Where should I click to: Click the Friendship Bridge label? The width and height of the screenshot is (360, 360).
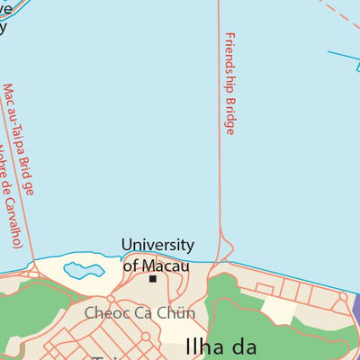[229, 84]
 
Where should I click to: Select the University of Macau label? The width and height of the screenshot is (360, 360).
[157, 255]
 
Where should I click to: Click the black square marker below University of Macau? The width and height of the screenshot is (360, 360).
[153, 279]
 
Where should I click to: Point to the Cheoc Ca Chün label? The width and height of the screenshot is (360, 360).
[139, 313]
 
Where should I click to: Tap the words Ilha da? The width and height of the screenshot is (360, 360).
[221, 346]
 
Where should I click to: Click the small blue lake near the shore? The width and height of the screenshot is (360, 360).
[83, 269]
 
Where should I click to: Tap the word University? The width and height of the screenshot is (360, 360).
[157, 245]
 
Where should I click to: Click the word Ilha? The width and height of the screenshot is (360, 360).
[199, 346]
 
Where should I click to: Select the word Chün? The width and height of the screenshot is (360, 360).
[176, 313]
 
